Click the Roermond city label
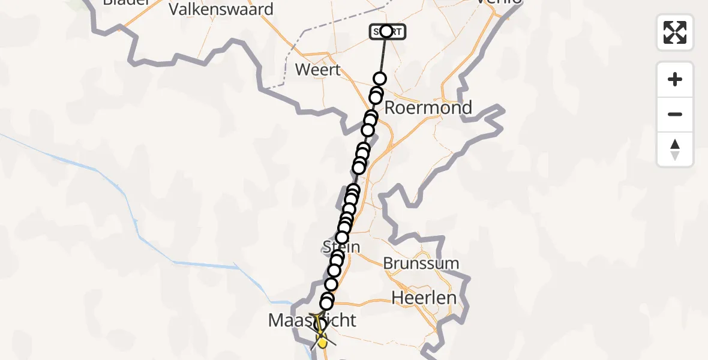pyautogui.click(x=428, y=108)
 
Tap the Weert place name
pyautogui.click(x=318, y=70)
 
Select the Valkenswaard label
pyautogui.click(x=221, y=9)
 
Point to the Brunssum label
pyautogui.click(x=421, y=263)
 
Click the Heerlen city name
pyautogui.click(x=424, y=298)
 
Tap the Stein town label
pyautogui.click(x=341, y=247)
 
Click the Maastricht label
pyautogui.click(x=312, y=320)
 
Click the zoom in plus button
pyautogui.click(x=675, y=79)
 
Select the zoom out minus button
pyautogui.click(x=675, y=114)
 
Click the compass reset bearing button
pyautogui.click(x=675, y=149)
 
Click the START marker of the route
pyautogui.click(x=386, y=31)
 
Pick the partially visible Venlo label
pyautogui.click(x=498, y=3)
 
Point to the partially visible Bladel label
pyautogui.click(x=125, y=2)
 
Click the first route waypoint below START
pyautogui.click(x=379, y=79)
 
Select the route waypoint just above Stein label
pyautogui.click(x=342, y=237)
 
